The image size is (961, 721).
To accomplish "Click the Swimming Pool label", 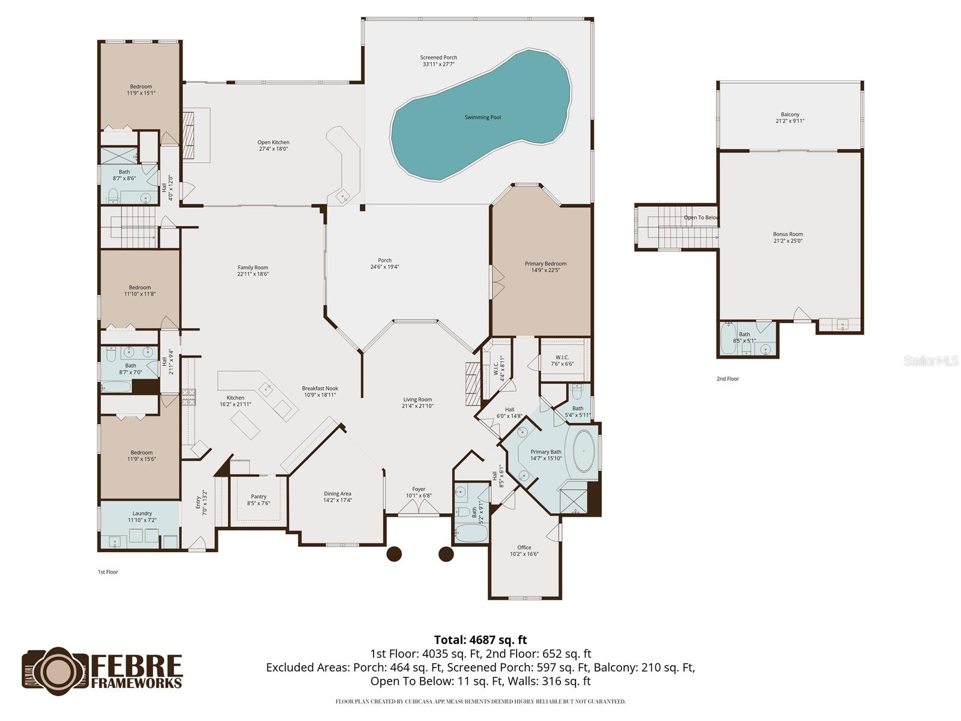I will [482, 117].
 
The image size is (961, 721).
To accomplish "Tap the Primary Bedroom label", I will [545, 263].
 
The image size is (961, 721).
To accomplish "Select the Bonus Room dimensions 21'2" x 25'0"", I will [787, 241].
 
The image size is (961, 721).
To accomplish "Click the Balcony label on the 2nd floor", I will [790, 114].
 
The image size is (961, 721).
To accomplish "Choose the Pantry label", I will [258, 496].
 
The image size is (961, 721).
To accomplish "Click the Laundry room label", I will [142, 513].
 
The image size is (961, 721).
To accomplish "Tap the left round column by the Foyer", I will [393, 553].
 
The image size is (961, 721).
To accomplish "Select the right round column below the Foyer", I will [446, 553].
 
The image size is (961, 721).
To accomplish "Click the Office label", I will [524, 547].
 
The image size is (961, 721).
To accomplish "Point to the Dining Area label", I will [337, 493].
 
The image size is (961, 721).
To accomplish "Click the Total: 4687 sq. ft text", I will [480, 640].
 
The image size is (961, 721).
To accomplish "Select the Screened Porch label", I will [438, 58].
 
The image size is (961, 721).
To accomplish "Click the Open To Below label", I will [701, 218].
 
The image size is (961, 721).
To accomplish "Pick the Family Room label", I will [253, 267].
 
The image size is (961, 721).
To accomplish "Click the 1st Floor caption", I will [108, 572].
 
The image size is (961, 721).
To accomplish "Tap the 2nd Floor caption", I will [727, 379].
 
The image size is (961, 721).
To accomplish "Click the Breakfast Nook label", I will [320, 388].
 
